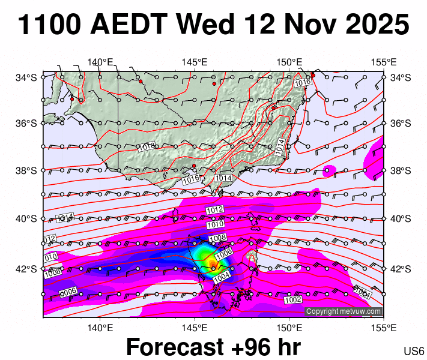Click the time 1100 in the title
point(49,25)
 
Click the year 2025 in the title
point(371,25)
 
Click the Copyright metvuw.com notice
point(343,311)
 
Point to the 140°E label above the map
point(100,62)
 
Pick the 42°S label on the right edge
point(401,268)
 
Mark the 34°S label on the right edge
point(401,77)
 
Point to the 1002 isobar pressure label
point(292,299)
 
